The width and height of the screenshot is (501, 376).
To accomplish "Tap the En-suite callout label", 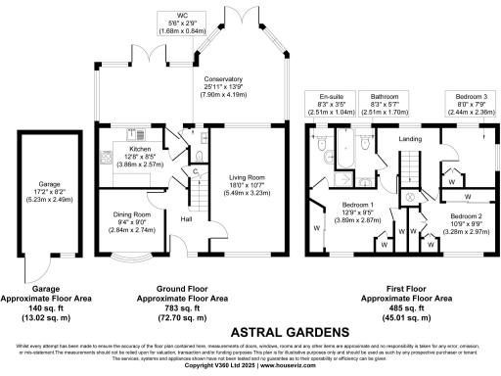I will [331, 97].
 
